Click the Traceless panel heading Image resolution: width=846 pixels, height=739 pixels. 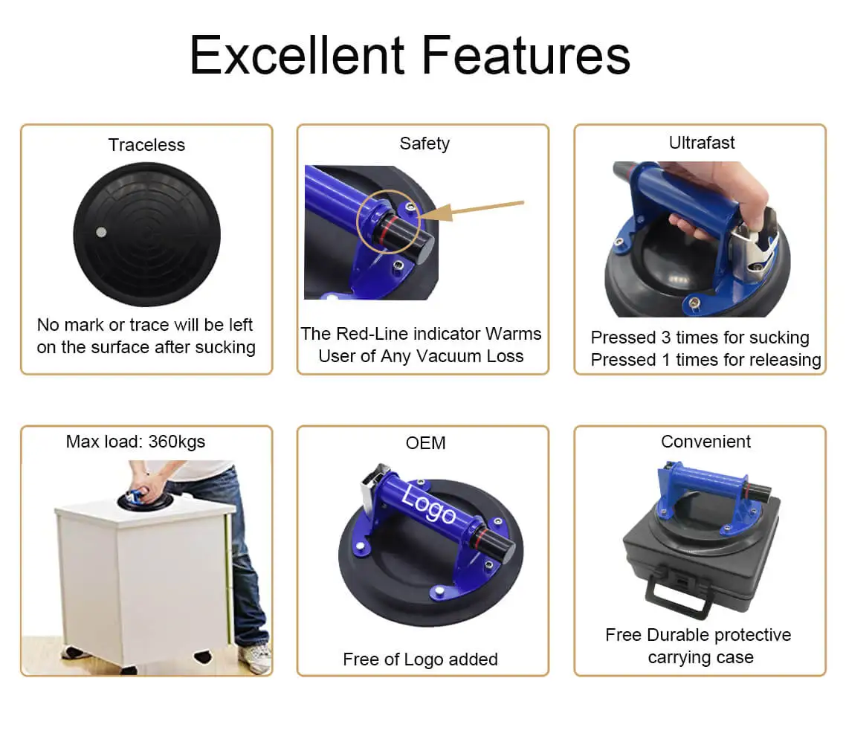pyautogui.click(x=146, y=145)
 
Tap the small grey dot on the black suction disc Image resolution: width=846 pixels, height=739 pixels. pyautogui.click(x=102, y=233)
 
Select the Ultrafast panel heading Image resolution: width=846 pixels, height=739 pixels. pyautogui.click(x=702, y=143)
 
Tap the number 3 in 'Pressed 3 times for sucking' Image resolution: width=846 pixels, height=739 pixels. pyautogui.click(x=665, y=338)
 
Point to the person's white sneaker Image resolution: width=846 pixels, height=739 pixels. pyautogui.click(x=255, y=657)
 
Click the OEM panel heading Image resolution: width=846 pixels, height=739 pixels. pyautogui.click(x=425, y=443)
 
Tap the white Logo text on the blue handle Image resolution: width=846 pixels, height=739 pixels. pyautogui.click(x=428, y=506)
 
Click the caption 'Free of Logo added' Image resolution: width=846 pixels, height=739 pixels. pyautogui.click(x=420, y=659)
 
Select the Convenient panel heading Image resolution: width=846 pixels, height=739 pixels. pyautogui.click(x=705, y=442)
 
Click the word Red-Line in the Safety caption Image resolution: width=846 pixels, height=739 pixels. pyautogui.click(x=370, y=334)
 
